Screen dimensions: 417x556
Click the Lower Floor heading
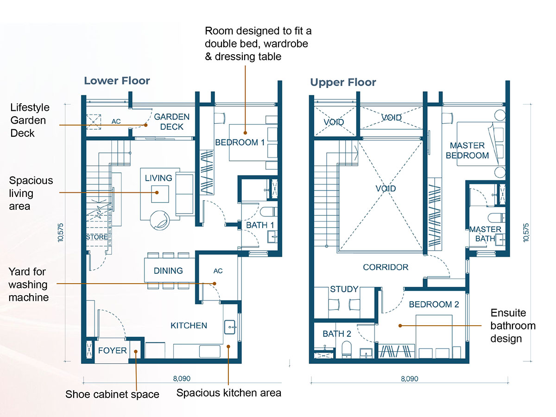[x=117, y=81]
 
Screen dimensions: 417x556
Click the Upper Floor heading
[x=343, y=82]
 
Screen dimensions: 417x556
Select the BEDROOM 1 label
[x=240, y=142]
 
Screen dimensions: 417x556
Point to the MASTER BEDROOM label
[x=467, y=151]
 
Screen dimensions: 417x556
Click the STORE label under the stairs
[x=97, y=237]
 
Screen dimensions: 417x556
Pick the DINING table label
[x=168, y=271]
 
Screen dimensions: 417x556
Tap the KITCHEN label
[x=189, y=325]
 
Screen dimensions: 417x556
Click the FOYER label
[x=112, y=350]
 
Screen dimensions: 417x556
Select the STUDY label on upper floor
[x=344, y=289]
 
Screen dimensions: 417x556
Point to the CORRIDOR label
[x=385, y=267]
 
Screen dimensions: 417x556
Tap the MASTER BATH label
[x=485, y=234]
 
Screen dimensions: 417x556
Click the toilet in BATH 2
[x=347, y=349]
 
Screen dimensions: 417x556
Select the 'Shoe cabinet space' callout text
[x=112, y=394]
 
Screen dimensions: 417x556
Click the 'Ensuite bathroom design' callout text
[x=513, y=326]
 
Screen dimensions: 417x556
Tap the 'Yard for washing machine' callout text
[x=29, y=284]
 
